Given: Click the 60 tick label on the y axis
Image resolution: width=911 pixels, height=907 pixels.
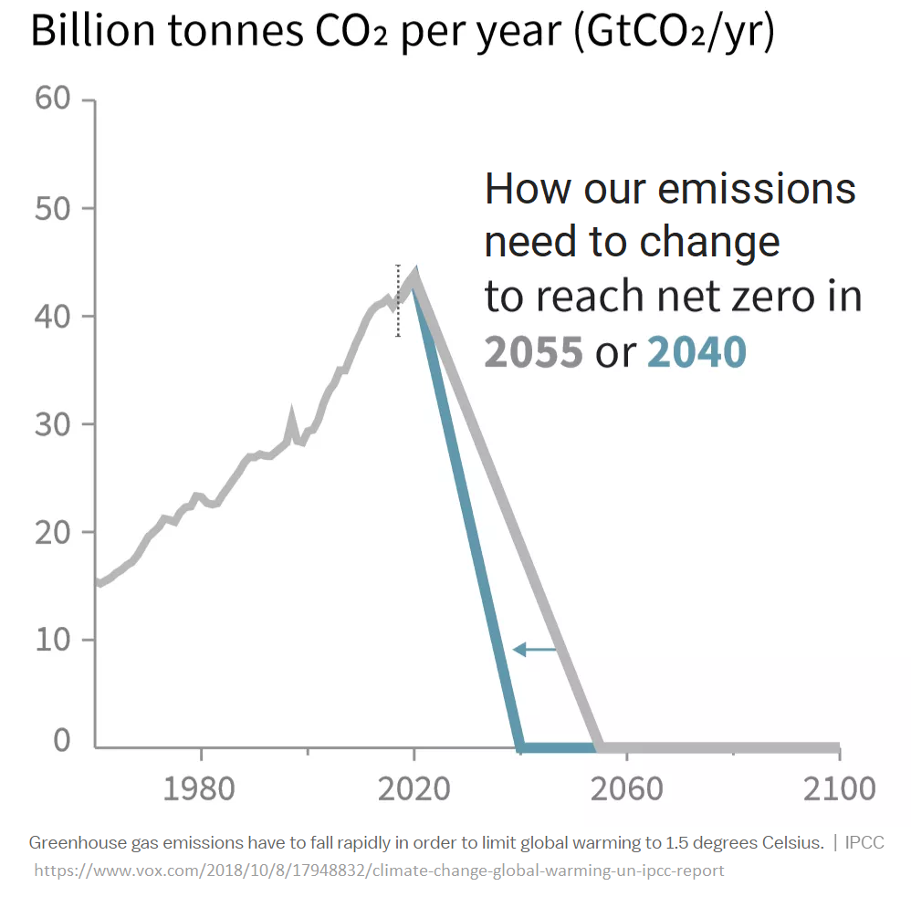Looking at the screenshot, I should tap(53, 99).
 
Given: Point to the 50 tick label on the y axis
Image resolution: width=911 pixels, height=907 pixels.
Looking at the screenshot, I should tap(53, 207).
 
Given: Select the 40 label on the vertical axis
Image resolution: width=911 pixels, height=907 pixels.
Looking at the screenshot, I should tap(53, 316).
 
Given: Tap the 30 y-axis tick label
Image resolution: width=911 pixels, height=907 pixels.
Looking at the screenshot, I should tap(53, 423).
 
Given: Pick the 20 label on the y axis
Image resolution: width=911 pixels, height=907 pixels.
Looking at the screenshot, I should tap(53, 531).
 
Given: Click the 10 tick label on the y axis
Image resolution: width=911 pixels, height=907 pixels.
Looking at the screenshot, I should tap(53, 639).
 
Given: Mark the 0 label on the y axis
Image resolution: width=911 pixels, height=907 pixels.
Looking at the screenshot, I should tap(62, 740).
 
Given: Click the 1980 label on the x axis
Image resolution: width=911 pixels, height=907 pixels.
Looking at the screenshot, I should tap(200, 787).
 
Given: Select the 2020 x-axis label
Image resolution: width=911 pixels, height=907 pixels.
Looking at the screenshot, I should tap(414, 787).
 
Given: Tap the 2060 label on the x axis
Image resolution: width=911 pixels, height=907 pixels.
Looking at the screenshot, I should tap(626, 787).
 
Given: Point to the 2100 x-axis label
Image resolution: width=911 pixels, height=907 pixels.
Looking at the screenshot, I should tap(839, 787).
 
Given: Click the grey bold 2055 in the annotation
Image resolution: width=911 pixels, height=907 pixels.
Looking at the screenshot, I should tap(533, 352).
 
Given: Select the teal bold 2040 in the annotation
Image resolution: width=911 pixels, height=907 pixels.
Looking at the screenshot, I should tap(696, 352).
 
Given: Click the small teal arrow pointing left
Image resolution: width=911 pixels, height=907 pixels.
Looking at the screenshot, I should tap(534, 650).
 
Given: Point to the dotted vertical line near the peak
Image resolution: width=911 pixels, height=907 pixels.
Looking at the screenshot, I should tap(398, 301).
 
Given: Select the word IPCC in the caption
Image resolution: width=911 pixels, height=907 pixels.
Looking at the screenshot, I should tap(864, 842).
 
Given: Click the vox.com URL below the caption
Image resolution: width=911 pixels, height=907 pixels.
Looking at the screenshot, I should tap(379, 870).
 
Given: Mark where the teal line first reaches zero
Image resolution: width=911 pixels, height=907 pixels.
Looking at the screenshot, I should tap(519, 747).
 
